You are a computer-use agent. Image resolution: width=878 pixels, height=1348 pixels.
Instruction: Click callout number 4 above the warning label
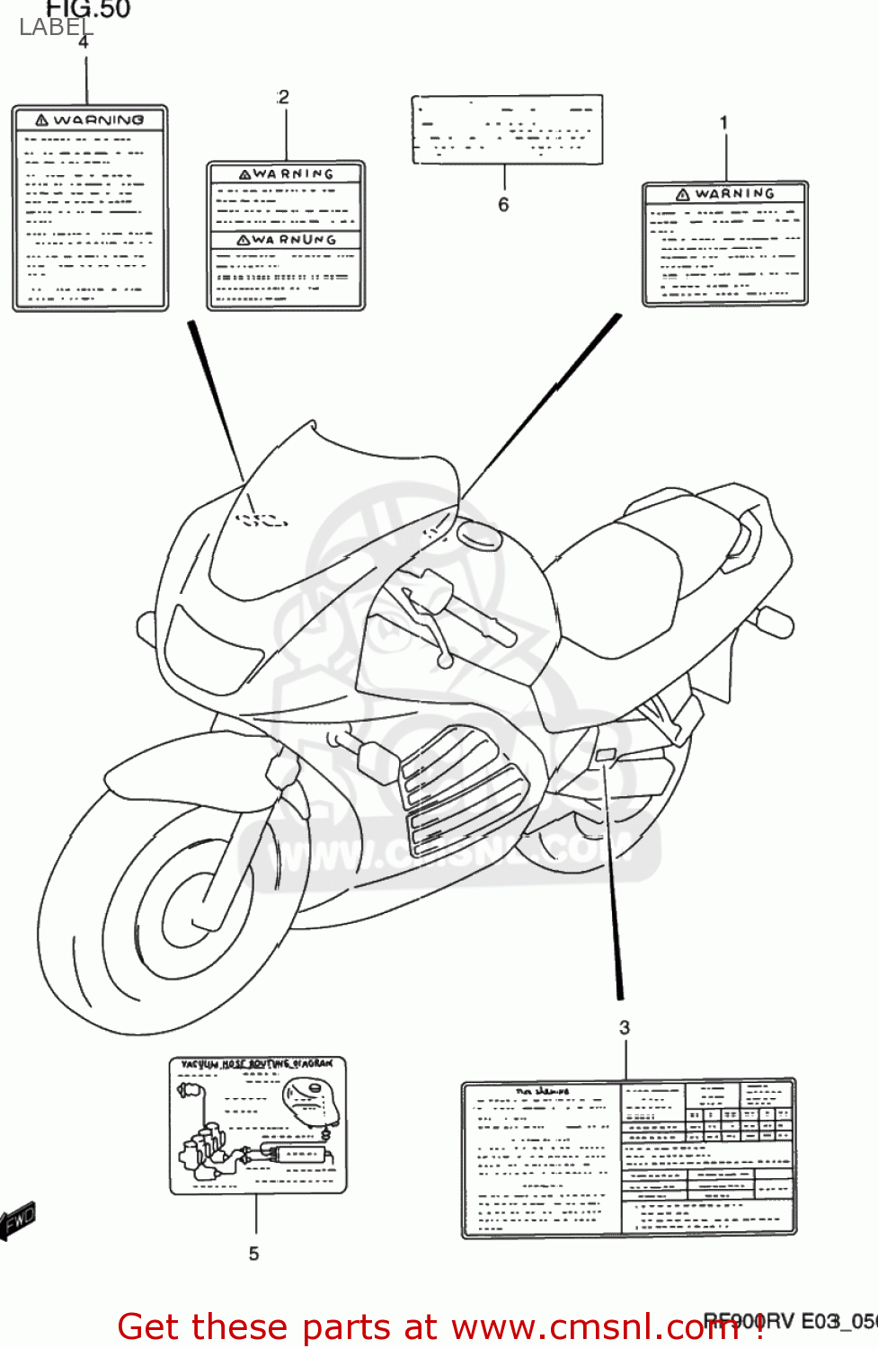pos(84,42)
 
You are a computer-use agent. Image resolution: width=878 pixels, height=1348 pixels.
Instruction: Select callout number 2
pos(284,97)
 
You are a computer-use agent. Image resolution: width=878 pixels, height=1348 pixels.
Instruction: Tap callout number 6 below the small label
pos(503,205)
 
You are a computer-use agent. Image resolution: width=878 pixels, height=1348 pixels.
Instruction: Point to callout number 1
pos(723,122)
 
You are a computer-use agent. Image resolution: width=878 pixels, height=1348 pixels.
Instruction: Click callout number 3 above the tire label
pos(625,1027)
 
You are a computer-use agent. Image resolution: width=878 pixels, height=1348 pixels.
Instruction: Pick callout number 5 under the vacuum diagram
pos(254,1253)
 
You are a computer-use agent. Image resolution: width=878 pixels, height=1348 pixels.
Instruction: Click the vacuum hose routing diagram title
pos(257,1064)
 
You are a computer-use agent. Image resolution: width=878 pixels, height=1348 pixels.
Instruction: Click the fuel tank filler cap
pos(479,536)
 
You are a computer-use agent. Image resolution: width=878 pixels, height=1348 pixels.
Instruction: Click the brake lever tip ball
pos(444,661)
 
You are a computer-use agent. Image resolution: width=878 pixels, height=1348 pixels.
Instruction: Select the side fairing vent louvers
pos(458,791)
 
